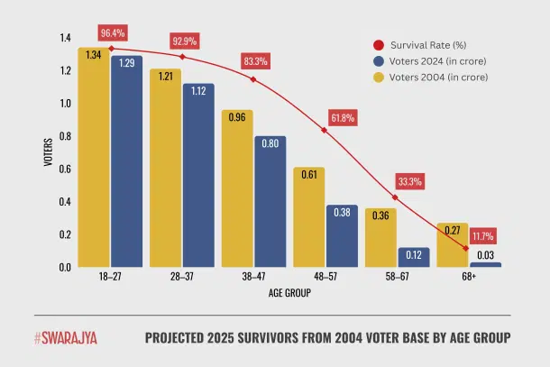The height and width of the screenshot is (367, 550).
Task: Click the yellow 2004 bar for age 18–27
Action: pyautogui.click(x=94, y=158)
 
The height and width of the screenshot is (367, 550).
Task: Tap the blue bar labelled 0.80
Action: pyautogui.click(x=270, y=202)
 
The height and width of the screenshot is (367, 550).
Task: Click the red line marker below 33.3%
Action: pyautogui.click(x=394, y=197)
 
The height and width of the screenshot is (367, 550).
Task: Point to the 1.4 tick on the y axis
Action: pyautogui.click(x=63, y=38)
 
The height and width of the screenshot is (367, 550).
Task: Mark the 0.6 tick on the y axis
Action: pyautogui.click(x=63, y=169)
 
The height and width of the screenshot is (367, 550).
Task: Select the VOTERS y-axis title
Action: pyautogui.click(x=47, y=152)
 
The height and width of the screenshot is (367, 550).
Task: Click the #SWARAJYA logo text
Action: pyautogui.click(x=66, y=338)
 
